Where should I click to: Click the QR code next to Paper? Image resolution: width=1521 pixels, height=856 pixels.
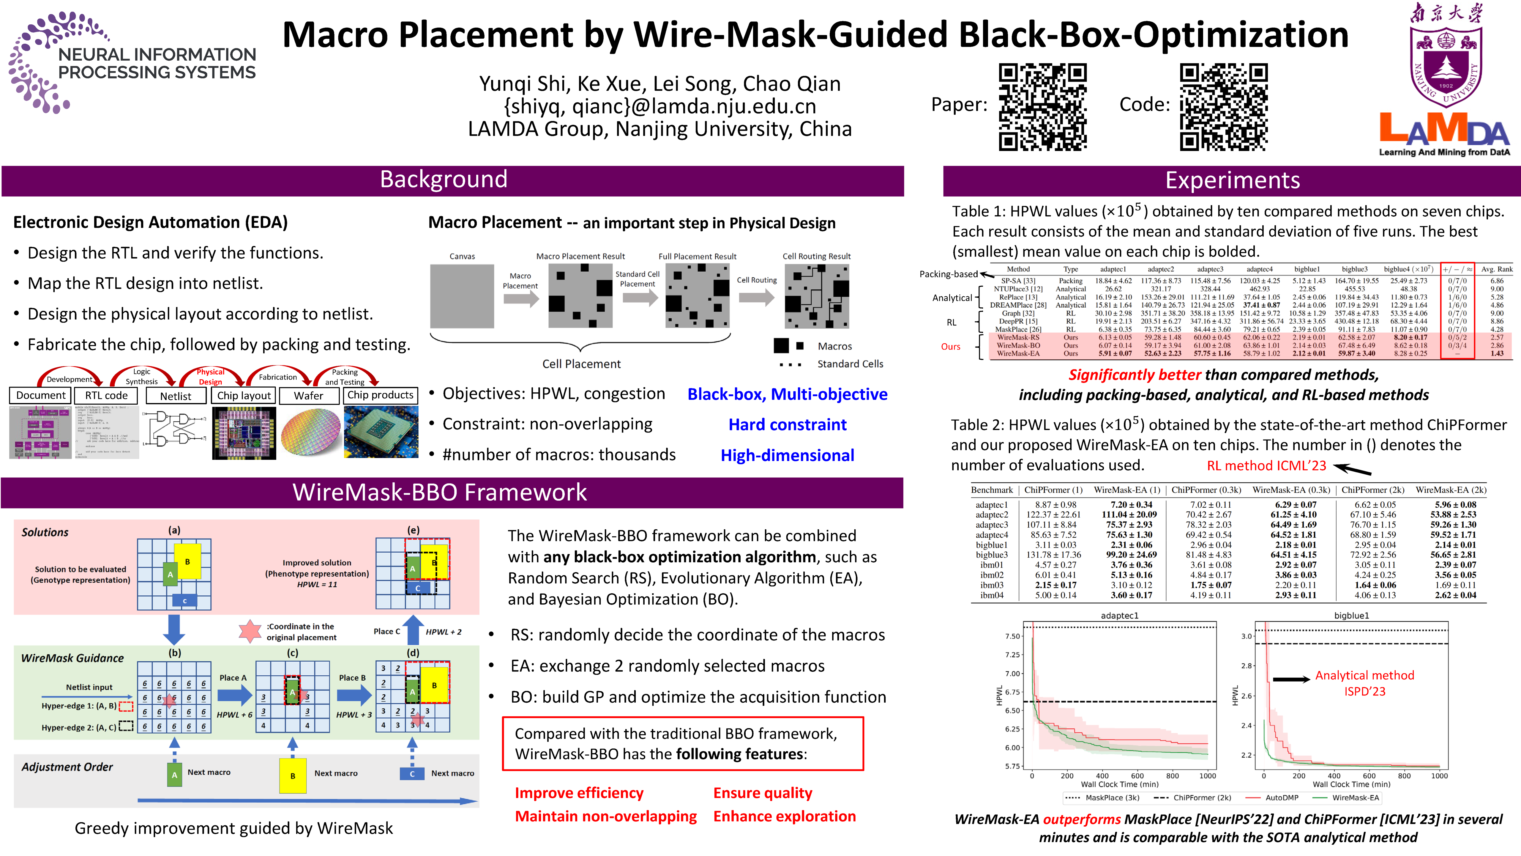(1042, 107)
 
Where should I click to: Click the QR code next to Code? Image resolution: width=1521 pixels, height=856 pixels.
(1223, 107)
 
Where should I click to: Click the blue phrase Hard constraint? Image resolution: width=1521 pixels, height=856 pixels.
(787, 425)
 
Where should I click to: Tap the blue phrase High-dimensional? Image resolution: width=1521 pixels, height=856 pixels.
(787, 455)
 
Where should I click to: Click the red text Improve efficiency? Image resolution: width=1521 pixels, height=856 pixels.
(579, 793)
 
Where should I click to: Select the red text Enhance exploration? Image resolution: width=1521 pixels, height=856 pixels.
(784, 816)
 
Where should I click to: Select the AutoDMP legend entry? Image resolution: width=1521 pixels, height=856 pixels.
(1281, 797)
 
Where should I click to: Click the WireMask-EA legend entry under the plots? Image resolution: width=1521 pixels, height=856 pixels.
(1355, 797)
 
